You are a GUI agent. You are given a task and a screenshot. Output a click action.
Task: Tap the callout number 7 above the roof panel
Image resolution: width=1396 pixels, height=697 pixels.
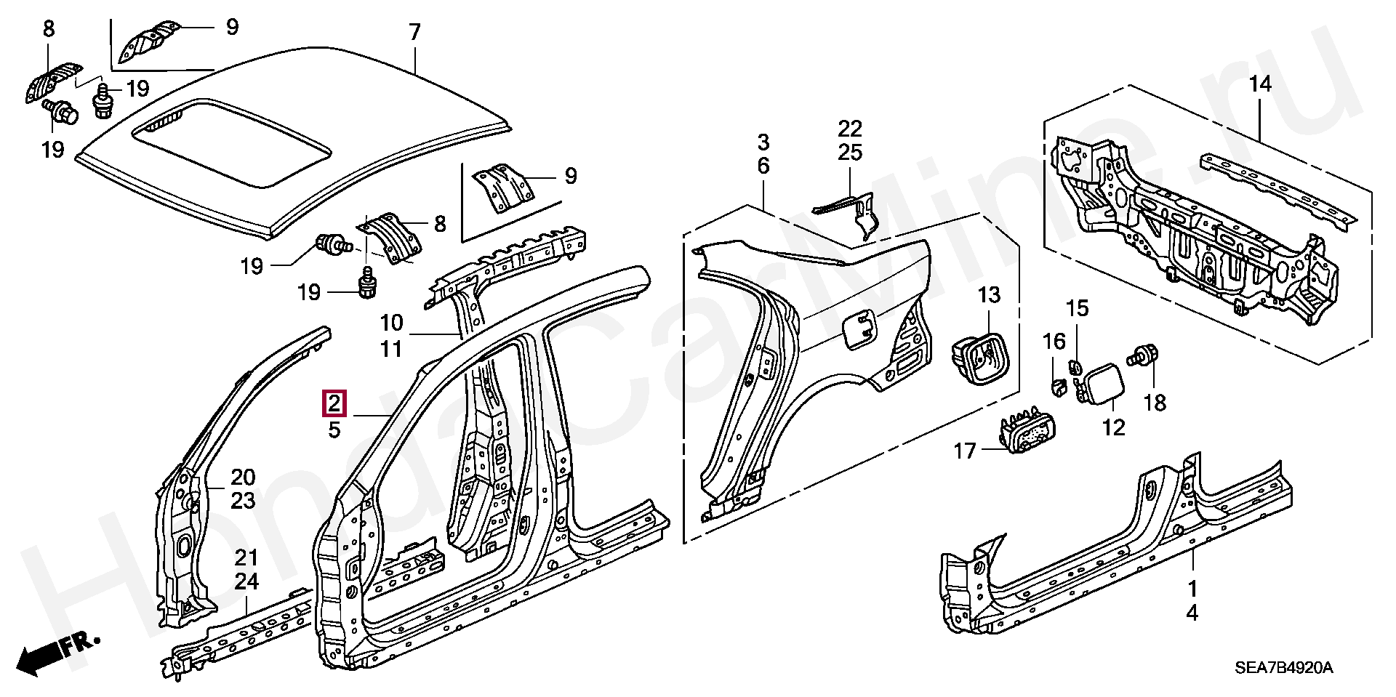tap(414, 33)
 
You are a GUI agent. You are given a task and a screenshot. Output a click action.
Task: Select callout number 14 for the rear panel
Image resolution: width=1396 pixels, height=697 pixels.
tap(1260, 85)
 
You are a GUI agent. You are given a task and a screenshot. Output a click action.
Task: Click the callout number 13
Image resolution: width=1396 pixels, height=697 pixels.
tap(988, 296)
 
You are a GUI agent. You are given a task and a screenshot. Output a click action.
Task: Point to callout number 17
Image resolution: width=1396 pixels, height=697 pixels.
tap(965, 451)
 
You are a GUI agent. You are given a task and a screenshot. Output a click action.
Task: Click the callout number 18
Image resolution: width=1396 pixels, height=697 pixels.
tap(1155, 402)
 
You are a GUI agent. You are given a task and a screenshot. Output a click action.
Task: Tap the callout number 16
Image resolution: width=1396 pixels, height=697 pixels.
tap(1054, 341)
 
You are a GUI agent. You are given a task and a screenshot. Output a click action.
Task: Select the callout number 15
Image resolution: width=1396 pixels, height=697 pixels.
tap(1078, 309)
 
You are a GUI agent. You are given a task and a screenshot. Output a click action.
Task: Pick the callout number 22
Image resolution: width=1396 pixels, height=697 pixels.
tap(849, 129)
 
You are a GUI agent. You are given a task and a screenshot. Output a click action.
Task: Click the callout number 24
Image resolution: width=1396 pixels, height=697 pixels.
tap(246, 582)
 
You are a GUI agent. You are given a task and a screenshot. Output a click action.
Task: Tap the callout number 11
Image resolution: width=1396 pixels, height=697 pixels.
tap(391, 349)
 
